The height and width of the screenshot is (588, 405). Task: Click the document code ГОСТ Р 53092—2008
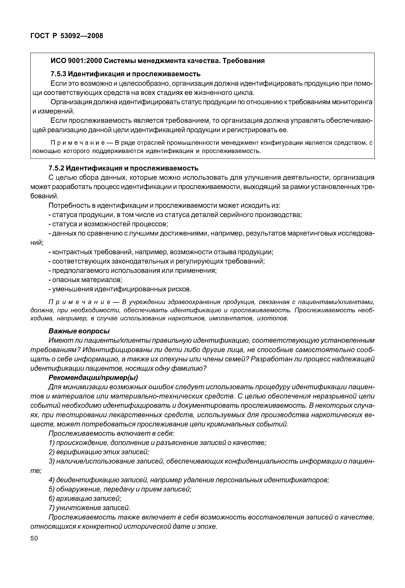[67, 36]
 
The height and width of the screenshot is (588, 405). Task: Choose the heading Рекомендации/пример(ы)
[93, 378]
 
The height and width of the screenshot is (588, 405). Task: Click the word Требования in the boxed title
[244, 61]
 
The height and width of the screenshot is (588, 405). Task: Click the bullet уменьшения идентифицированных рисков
[120, 289]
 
